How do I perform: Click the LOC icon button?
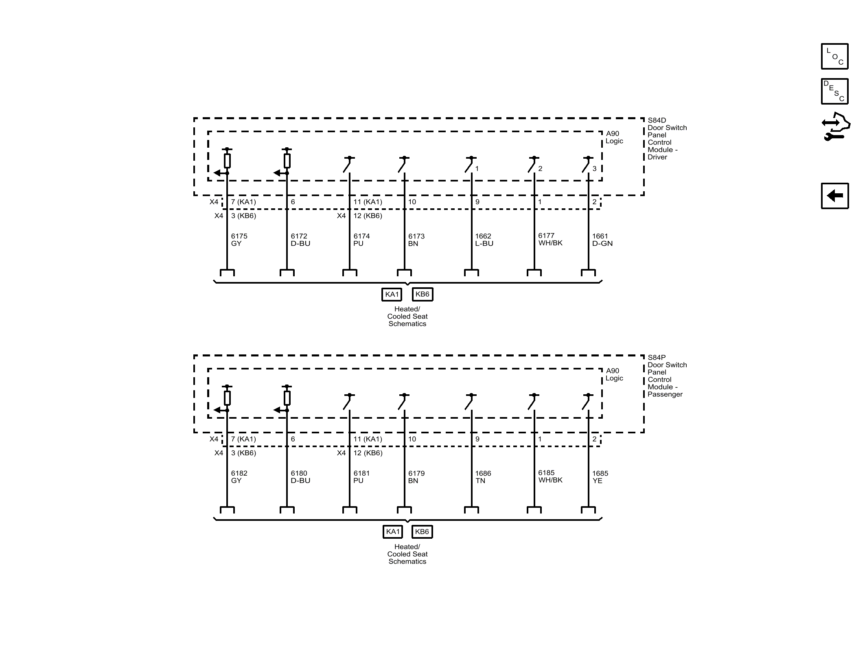[x=834, y=56]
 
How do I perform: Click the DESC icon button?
[x=834, y=91]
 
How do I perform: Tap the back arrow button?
[x=834, y=196]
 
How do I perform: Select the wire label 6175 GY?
[x=239, y=240]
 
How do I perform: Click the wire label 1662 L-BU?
[x=484, y=240]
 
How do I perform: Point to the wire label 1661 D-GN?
[x=602, y=240]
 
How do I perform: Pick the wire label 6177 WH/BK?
[x=550, y=239]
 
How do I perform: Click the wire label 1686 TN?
[x=483, y=477]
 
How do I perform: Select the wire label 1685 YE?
[x=600, y=477]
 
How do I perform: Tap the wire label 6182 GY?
[x=239, y=477]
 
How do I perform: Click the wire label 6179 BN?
[x=416, y=477]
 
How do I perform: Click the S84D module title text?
[x=667, y=138]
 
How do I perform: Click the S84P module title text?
[x=667, y=376]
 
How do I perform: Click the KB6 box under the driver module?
[x=422, y=294]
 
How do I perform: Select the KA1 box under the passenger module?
[x=392, y=531]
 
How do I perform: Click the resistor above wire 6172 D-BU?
[x=287, y=161]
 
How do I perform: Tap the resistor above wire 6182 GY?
[x=227, y=398]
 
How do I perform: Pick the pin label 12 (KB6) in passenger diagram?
[x=368, y=453]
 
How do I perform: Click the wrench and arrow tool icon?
[x=835, y=127]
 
